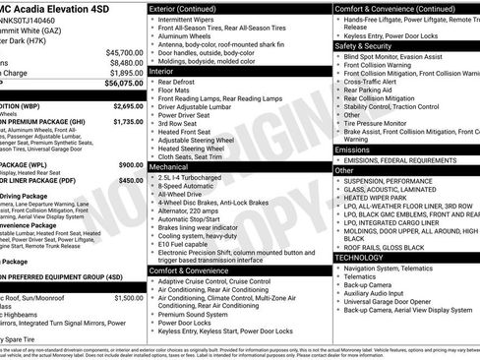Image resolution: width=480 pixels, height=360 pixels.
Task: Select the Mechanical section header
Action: (x=176, y=168)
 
